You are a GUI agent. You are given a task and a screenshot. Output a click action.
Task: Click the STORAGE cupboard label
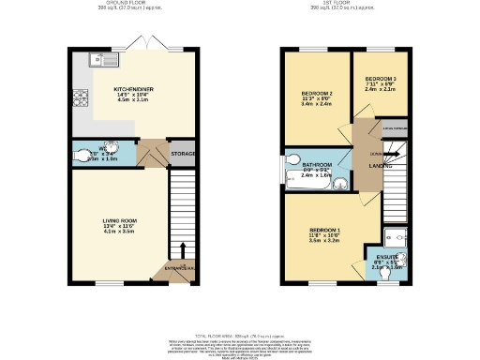(x=182, y=154)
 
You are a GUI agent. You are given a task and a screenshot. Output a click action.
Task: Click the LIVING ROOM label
(x=119, y=221)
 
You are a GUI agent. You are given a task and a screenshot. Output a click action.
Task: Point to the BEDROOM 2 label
(x=318, y=94)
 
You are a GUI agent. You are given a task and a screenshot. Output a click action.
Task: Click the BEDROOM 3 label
(x=381, y=78)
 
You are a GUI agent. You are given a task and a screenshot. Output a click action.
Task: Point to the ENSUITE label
(x=386, y=256)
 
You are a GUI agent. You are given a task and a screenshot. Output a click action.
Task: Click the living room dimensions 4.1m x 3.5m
(x=119, y=232)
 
